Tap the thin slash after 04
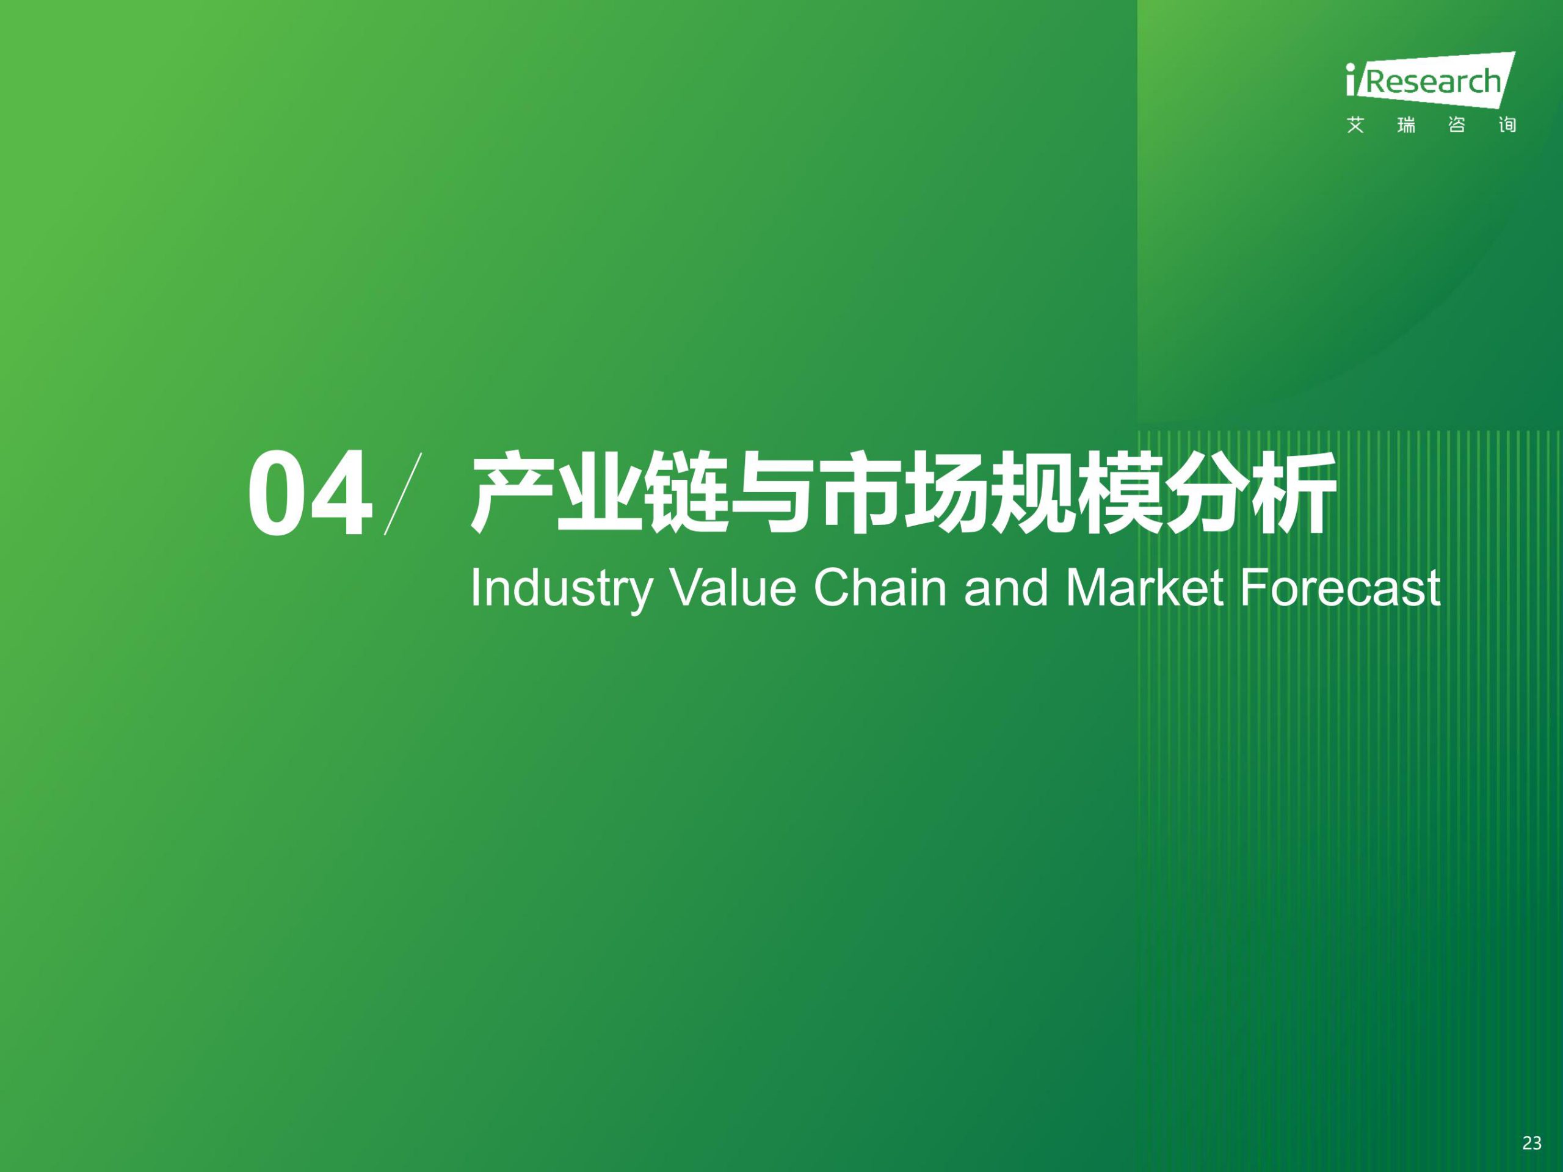pos(403,494)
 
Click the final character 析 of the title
pos(1294,493)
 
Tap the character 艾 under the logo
pos(1355,126)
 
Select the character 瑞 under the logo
pos(1406,126)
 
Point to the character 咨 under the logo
pos(1456,126)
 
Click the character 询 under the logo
pos(1507,126)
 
